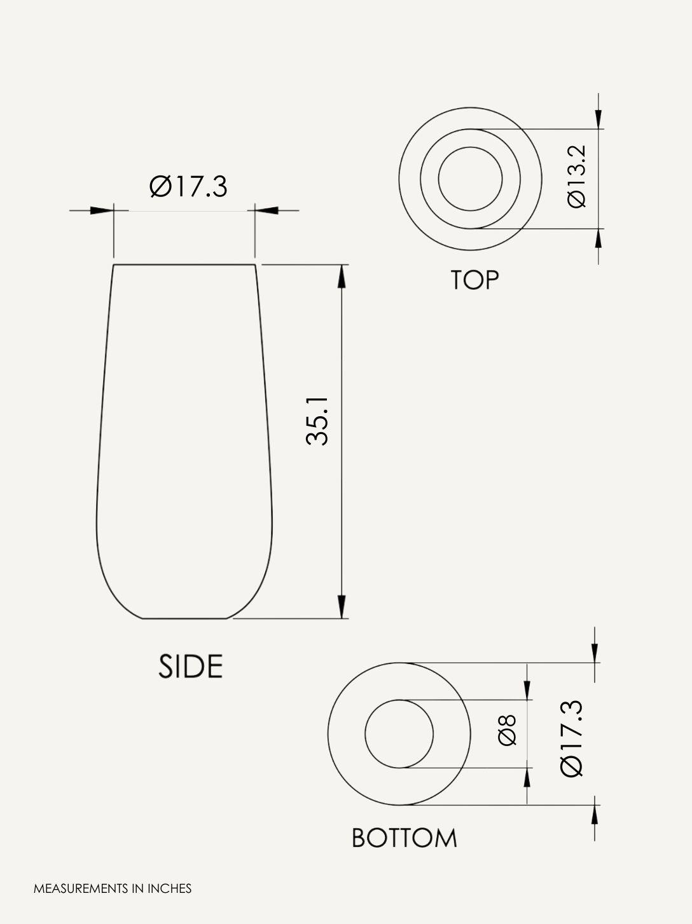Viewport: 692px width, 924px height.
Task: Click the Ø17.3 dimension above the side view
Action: pyautogui.click(x=188, y=187)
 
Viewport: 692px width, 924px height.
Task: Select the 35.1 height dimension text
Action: pyautogui.click(x=317, y=421)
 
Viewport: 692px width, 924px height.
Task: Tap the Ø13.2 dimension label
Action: pyautogui.click(x=576, y=177)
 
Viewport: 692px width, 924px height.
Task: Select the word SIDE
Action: pyautogui.click(x=190, y=667)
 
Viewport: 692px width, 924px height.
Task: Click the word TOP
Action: pyautogui.click(x=474, y=280)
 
